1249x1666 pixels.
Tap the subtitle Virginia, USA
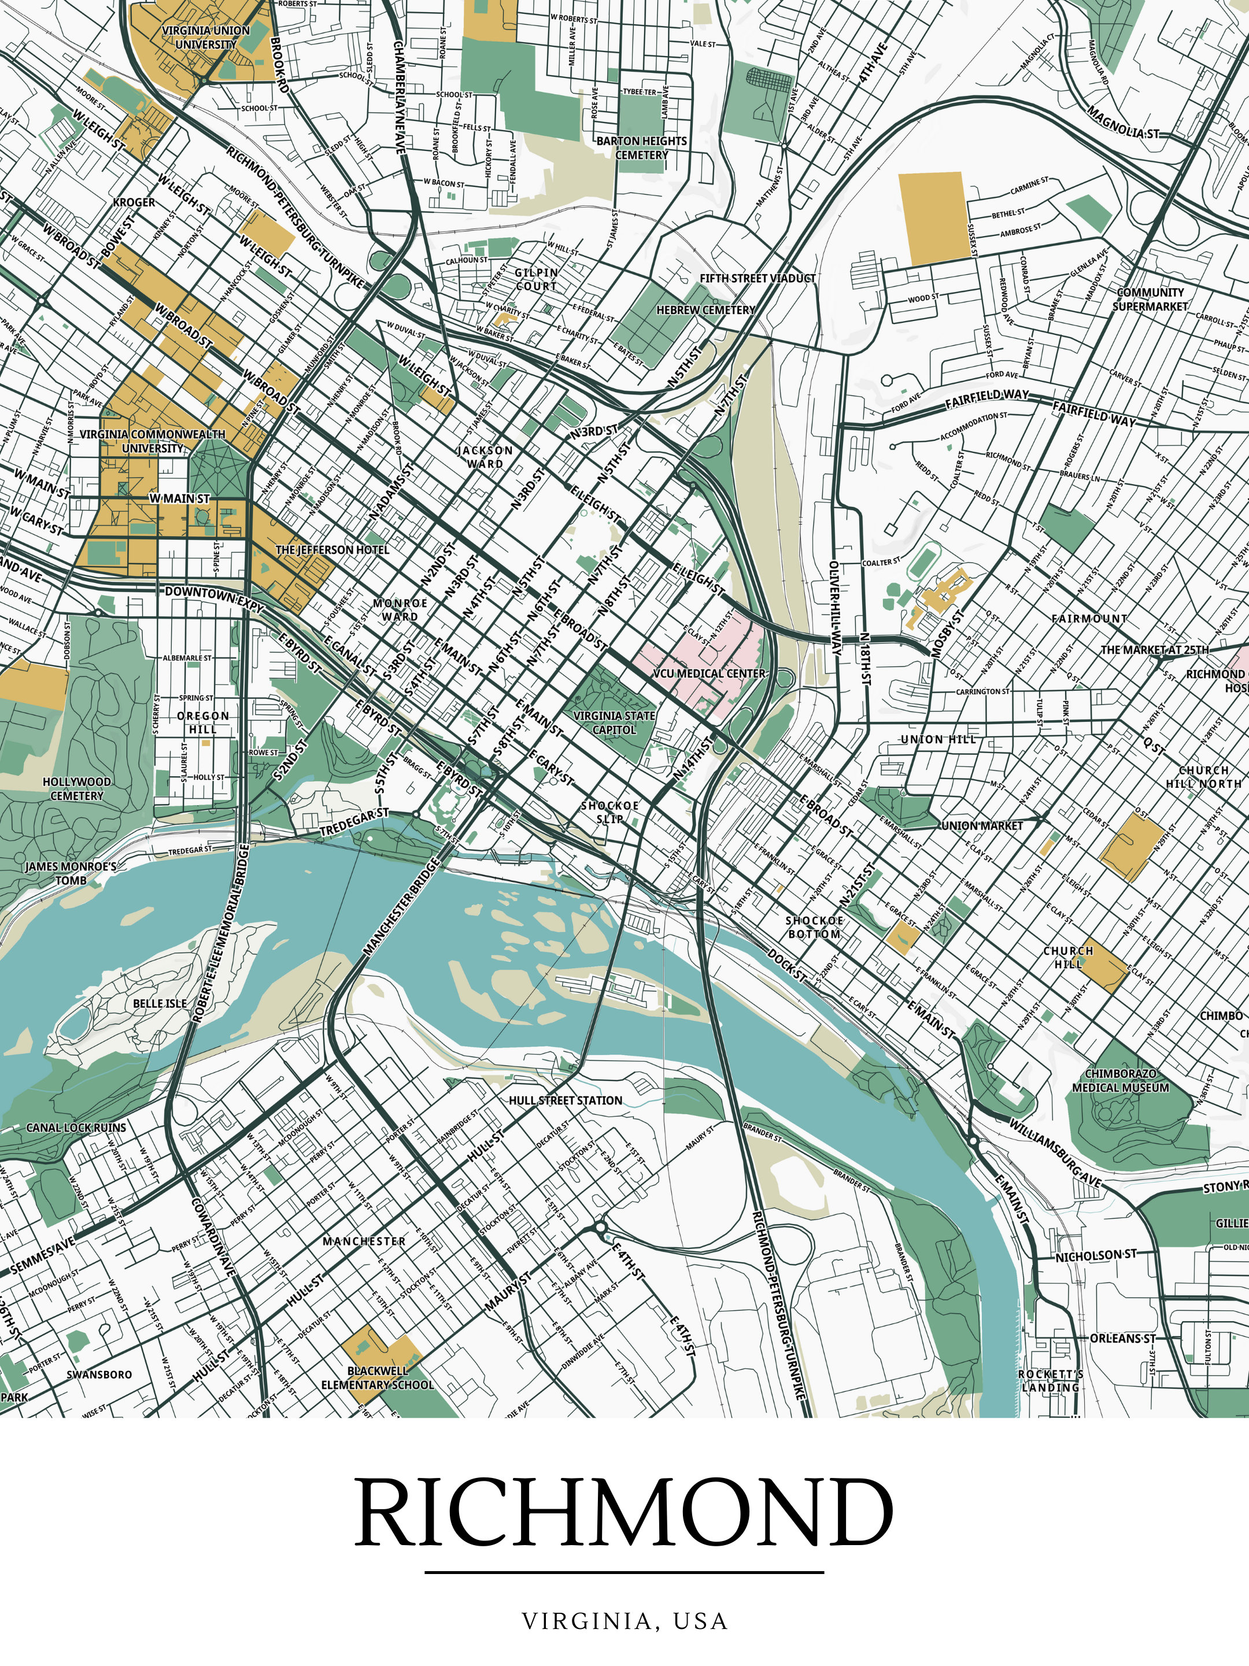click(x=624, y=1620)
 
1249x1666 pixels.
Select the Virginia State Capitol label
click(x=614, y=723)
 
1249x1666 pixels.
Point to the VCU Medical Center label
click(x=708, y=673)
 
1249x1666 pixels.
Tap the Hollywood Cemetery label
click(x=77, y=788)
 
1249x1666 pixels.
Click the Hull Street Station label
click(x=566, y=1100)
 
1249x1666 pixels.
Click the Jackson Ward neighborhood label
click(x=485, y=457)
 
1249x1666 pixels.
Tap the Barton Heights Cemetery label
click(x=641, y=148)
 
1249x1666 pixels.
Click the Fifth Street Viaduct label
click(x=757, y=278)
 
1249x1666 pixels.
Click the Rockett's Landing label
click(x=1051, y=1381)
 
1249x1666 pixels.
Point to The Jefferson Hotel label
click(x=332, y=550)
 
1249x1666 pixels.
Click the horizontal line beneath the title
click(x=624, y=1573)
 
